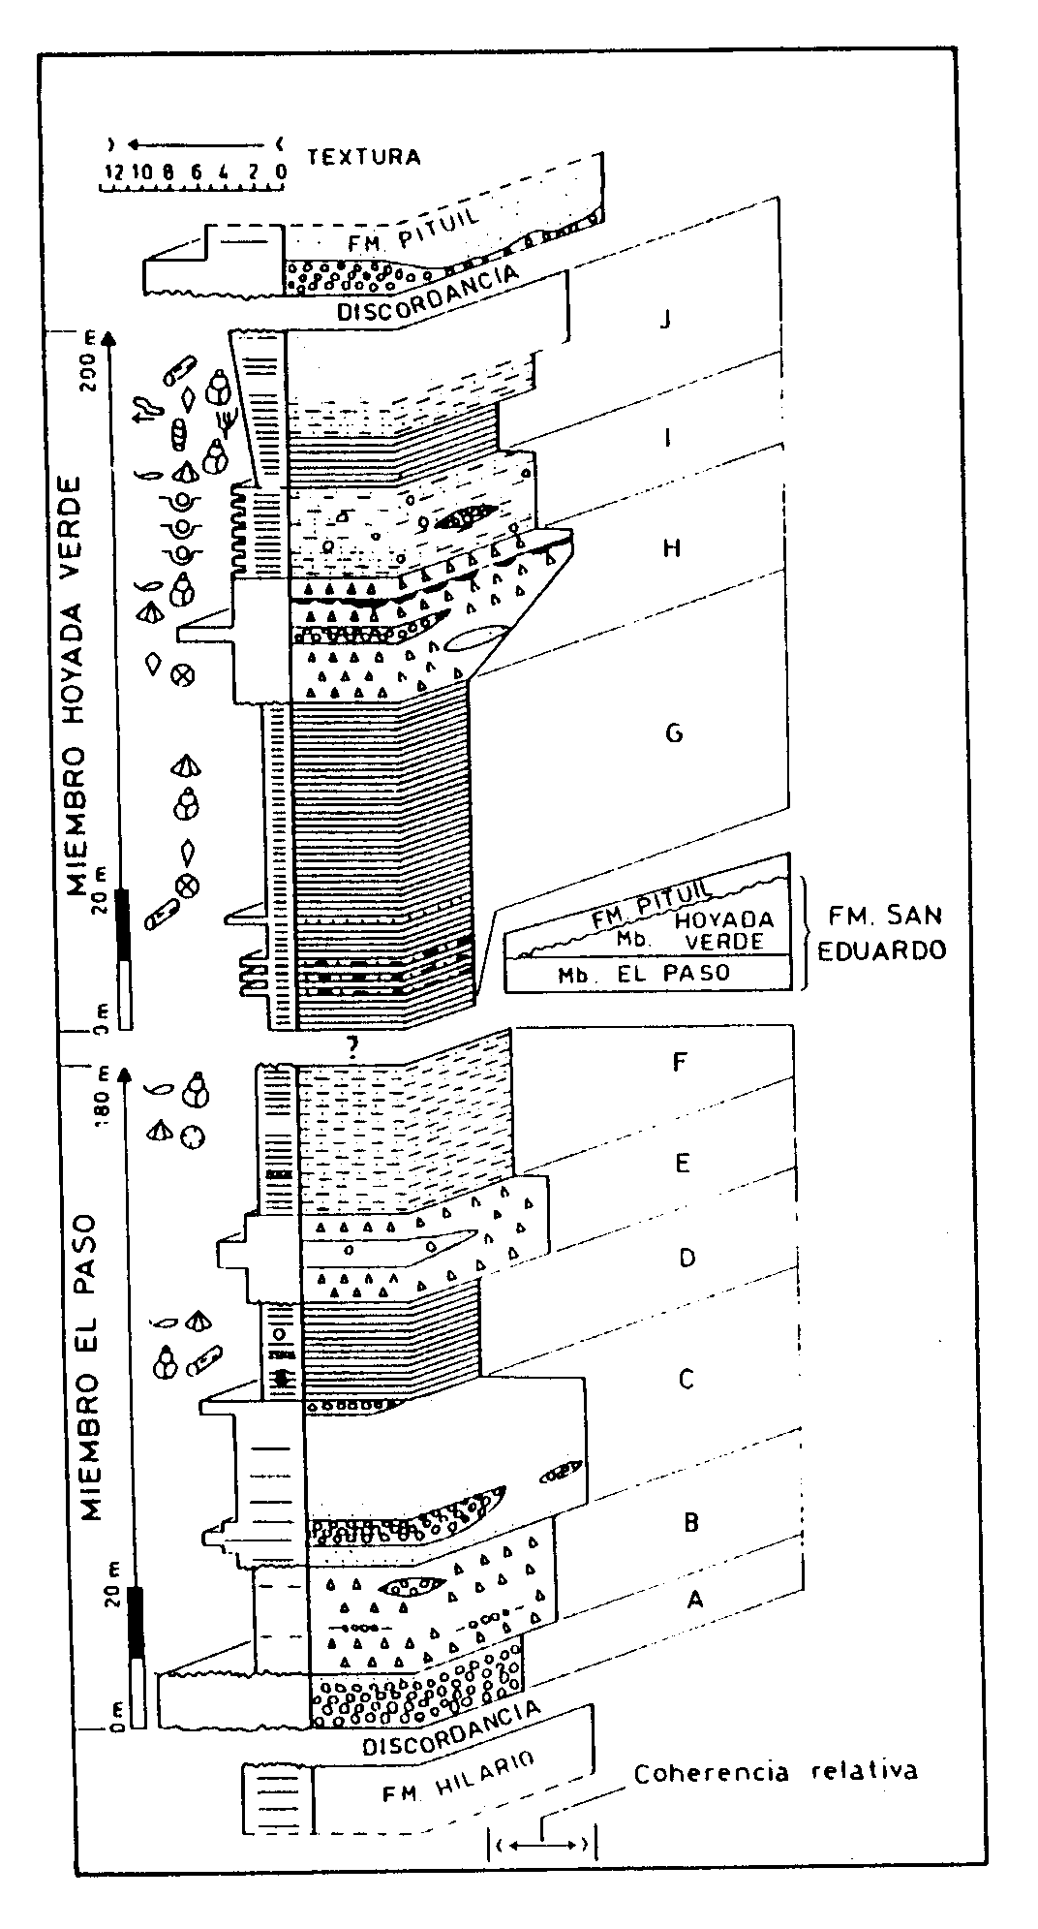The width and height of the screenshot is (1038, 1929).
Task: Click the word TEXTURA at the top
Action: click(363, 156)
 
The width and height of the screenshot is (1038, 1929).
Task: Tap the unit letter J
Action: click(664, 319)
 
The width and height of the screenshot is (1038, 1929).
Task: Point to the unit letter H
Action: click(672, 548)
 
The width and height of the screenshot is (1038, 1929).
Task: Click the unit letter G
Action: click(674, 733)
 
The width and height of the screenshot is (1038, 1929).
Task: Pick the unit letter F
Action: click(680, 1062)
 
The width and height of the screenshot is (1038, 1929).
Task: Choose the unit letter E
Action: click(682, 1163)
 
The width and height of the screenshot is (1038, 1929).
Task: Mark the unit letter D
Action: click(687, 1259)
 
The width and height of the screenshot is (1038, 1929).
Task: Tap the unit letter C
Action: click(687, 1378)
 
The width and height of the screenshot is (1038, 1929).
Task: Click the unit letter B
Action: click(691, 1522)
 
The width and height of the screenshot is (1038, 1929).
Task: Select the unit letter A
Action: click(694, 1601)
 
